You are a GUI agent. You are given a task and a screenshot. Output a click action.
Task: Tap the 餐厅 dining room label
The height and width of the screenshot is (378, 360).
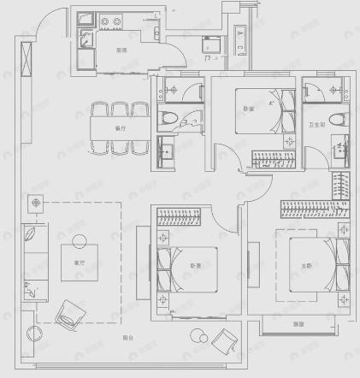point(120,128)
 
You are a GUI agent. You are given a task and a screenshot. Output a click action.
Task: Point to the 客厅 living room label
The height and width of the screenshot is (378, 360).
point(79,263)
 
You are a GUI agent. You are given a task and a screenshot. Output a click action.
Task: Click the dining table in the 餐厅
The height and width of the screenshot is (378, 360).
point(121,127)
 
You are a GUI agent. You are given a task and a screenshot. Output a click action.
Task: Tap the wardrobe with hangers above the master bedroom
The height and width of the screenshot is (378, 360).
point(312,209)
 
